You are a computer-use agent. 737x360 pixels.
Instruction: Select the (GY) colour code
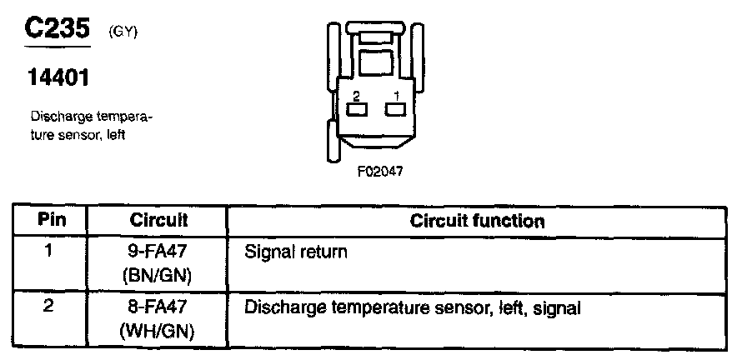pos(123,33)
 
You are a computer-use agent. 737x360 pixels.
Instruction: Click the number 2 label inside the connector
pos(356,94)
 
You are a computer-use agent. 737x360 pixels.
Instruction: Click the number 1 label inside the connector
pos(396,94)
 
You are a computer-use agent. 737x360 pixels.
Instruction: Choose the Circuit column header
pos(158,221)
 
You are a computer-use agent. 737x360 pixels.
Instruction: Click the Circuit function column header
pos(478,221)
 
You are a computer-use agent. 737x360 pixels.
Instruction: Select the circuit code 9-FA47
pos(158,250)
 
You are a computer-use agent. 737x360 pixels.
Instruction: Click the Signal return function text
pos(296,251)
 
